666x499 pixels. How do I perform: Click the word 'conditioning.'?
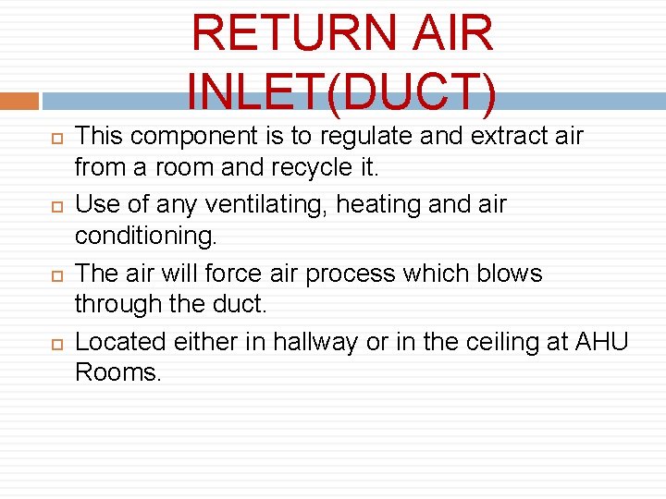[146, 237]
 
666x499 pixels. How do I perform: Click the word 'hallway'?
[310, 342]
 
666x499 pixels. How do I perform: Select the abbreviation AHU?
[601, 342]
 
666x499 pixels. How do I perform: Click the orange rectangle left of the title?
[18, 101]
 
